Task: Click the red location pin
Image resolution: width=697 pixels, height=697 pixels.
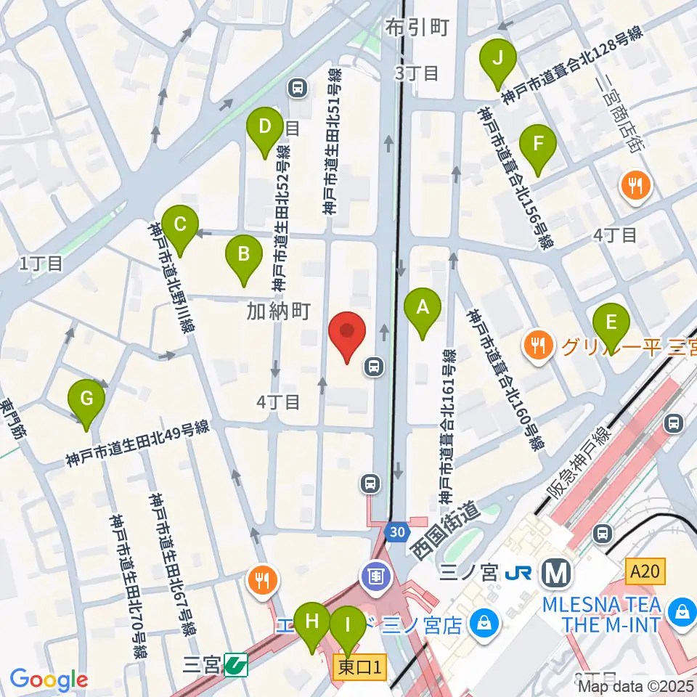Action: pos(346,335)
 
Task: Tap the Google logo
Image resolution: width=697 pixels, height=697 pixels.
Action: pos(49,680)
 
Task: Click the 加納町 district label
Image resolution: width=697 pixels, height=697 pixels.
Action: pos(279,311)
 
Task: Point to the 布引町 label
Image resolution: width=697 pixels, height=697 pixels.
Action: pos(417,28)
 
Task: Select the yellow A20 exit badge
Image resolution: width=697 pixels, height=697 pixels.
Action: pos(644,573)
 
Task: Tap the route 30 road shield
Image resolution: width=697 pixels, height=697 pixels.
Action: pos(395,531)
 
